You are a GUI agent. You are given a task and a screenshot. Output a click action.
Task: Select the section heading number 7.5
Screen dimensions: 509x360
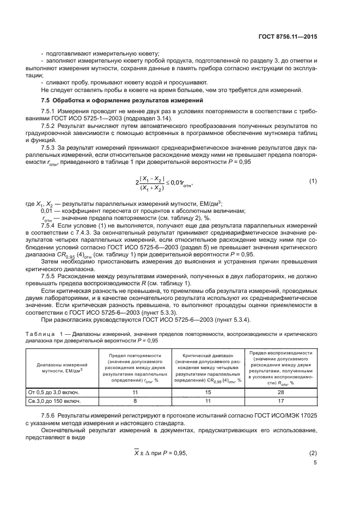(x=47, y=101)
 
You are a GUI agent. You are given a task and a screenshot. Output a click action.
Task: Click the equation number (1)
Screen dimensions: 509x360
(x=313, y=181)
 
